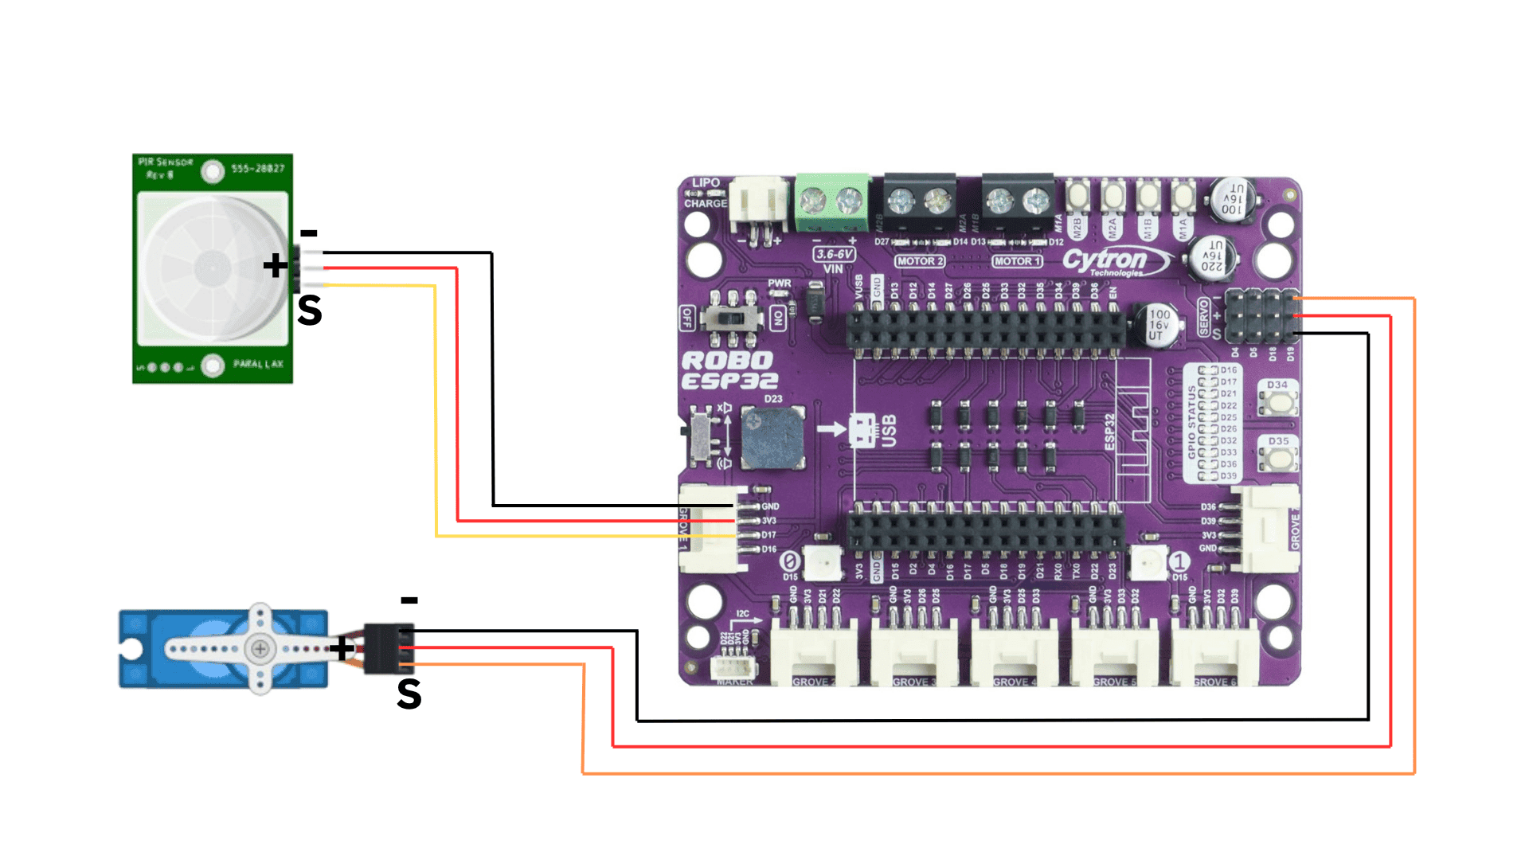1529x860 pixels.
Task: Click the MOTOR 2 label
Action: pos(920,261)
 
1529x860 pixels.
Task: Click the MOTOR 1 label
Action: pos(1017,261)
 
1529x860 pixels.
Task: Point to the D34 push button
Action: pos(1279,401)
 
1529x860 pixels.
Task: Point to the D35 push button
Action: pos(1279,458)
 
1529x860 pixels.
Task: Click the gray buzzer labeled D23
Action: pos(772,439)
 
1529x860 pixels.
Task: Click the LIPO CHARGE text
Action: pos(706,193)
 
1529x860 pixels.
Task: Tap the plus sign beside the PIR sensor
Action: pos(276,265)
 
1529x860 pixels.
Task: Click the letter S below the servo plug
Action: pos(409,694)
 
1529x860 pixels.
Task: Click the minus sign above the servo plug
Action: pos(409,600)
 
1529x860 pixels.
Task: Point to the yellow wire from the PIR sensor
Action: pos(436,414)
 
